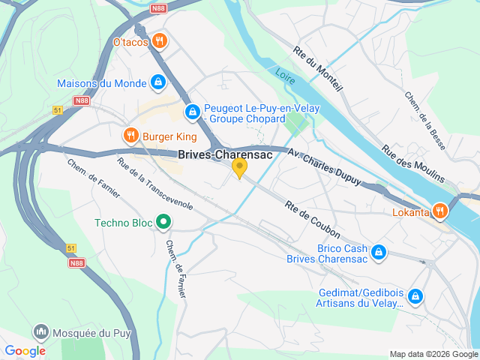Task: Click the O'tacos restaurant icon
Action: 158,40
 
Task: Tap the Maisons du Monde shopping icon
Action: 158,82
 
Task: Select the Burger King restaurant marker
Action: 130,136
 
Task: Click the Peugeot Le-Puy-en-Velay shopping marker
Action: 193,112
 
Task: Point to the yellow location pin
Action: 239,168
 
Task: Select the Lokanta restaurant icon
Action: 440,211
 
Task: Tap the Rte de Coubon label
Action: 313,220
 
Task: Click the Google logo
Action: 25,350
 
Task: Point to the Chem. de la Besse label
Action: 424,121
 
